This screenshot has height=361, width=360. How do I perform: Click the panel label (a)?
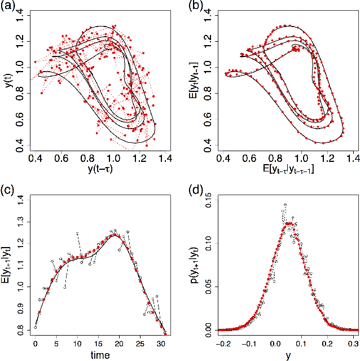coord(7,7)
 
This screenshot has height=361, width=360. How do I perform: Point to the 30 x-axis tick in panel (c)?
coord(161,342)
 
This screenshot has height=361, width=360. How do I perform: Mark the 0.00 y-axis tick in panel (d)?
coord(207,329)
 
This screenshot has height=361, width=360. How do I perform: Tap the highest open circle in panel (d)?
coord(286,205)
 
